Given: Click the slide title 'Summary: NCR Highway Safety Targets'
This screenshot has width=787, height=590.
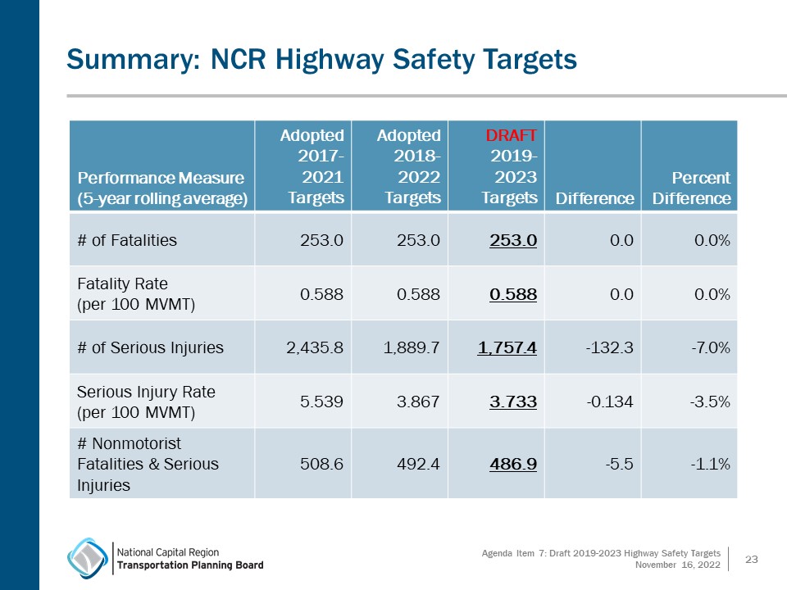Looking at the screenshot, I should pos(321,59).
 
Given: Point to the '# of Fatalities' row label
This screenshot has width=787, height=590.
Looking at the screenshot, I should pos(127,240).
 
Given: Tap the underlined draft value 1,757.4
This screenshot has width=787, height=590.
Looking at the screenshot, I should pos(507,347).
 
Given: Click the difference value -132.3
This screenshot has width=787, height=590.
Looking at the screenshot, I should pos(610,347).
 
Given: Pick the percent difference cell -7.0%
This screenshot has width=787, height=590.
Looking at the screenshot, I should pos(708,347).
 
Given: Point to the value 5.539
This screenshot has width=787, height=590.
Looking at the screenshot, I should pos(322,401).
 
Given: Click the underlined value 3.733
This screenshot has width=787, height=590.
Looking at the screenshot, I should pos(513,401).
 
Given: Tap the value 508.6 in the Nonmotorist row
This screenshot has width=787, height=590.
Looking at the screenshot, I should pos(322,464).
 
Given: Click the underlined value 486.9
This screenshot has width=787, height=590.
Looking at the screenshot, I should pos(513,464).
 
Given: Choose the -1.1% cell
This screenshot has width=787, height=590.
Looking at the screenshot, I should pos(710,464).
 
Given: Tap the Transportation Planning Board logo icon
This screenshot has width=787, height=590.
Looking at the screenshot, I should pos(87,558).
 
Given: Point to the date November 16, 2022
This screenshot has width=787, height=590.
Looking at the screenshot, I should pos(678,565).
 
